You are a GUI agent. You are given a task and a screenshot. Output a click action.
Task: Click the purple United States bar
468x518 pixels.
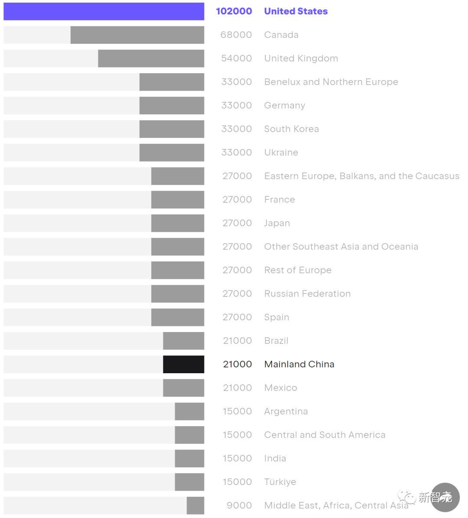pos(104,11)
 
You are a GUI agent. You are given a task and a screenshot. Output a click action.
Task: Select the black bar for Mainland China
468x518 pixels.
pos(183,364)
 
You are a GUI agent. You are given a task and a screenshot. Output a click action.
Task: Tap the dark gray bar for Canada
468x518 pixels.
pos(137,35)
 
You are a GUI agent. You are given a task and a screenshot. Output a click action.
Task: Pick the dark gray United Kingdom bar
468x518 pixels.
pos(151,59)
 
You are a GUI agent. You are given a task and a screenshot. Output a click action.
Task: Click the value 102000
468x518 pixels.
pos(234,11)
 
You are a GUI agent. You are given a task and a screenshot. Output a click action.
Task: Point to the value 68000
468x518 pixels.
pos(236,35)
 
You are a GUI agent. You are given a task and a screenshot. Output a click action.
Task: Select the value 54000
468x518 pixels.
pos(236,59)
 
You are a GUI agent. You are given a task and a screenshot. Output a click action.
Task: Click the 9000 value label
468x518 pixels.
pos(239,505)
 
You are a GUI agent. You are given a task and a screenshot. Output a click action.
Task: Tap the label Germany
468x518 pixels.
pos(284,105)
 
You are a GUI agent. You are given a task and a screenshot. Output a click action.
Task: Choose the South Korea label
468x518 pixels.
pos(291,129)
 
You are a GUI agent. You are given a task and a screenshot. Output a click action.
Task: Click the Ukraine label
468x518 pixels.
pos(281,153)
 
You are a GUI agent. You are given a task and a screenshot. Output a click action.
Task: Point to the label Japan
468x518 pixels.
pos(277,223)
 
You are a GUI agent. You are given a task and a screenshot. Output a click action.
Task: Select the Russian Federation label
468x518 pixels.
pos(307,294)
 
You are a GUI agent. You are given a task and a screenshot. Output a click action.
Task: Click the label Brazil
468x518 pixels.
pos(276,341)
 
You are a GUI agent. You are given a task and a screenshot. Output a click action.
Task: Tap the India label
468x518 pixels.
pos(275,459)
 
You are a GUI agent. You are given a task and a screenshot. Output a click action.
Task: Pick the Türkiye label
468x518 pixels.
pos(280,482)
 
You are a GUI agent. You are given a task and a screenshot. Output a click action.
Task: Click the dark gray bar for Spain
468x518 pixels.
pos(177,317)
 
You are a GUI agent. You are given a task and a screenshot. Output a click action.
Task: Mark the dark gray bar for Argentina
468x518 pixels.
pos(189,411)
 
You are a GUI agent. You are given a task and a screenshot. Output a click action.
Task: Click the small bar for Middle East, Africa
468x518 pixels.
pos(195,505)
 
